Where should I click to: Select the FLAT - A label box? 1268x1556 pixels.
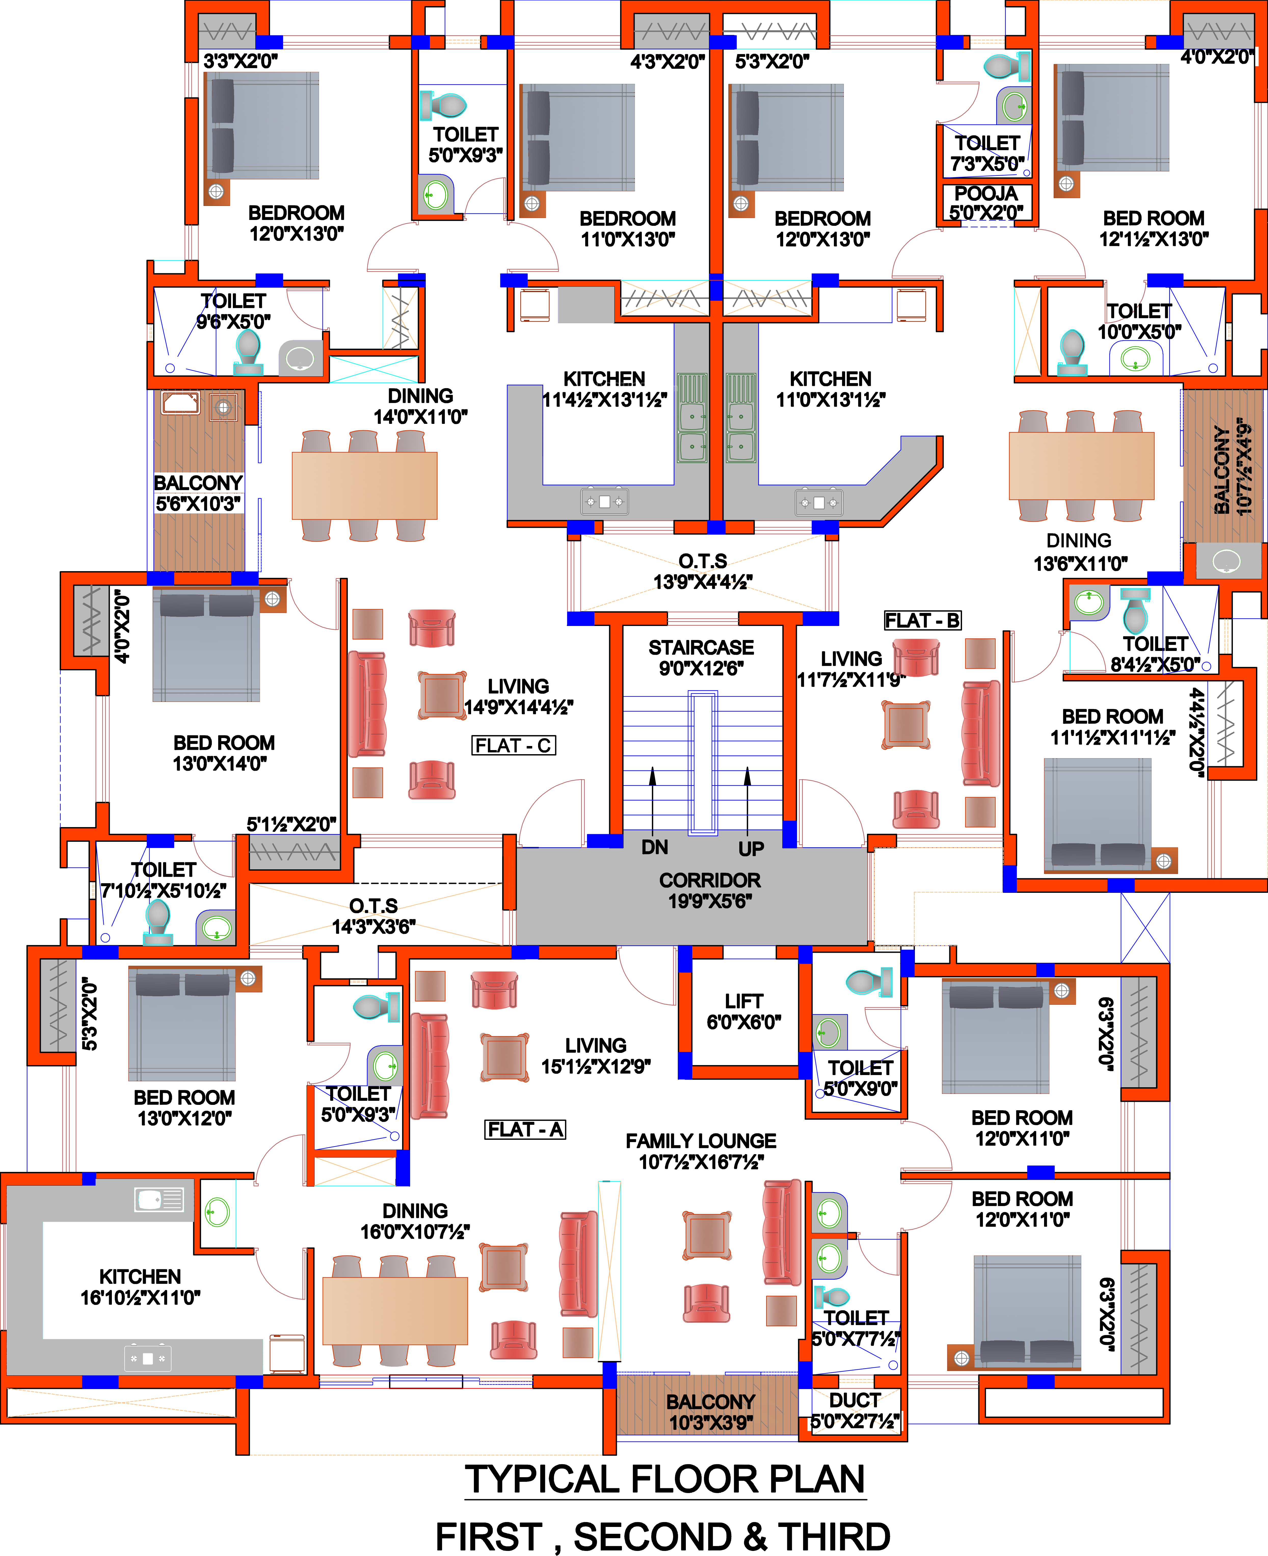point(525,1129)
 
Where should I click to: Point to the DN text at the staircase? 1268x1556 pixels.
point(655,847)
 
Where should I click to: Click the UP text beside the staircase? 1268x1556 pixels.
point(751,849)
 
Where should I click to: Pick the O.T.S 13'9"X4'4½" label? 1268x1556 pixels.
point(703,571)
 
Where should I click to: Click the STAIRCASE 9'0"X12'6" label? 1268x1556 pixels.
point(701,658)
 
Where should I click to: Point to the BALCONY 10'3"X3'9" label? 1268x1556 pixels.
point(710,1412)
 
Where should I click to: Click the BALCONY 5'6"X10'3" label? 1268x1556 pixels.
point(198,493)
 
